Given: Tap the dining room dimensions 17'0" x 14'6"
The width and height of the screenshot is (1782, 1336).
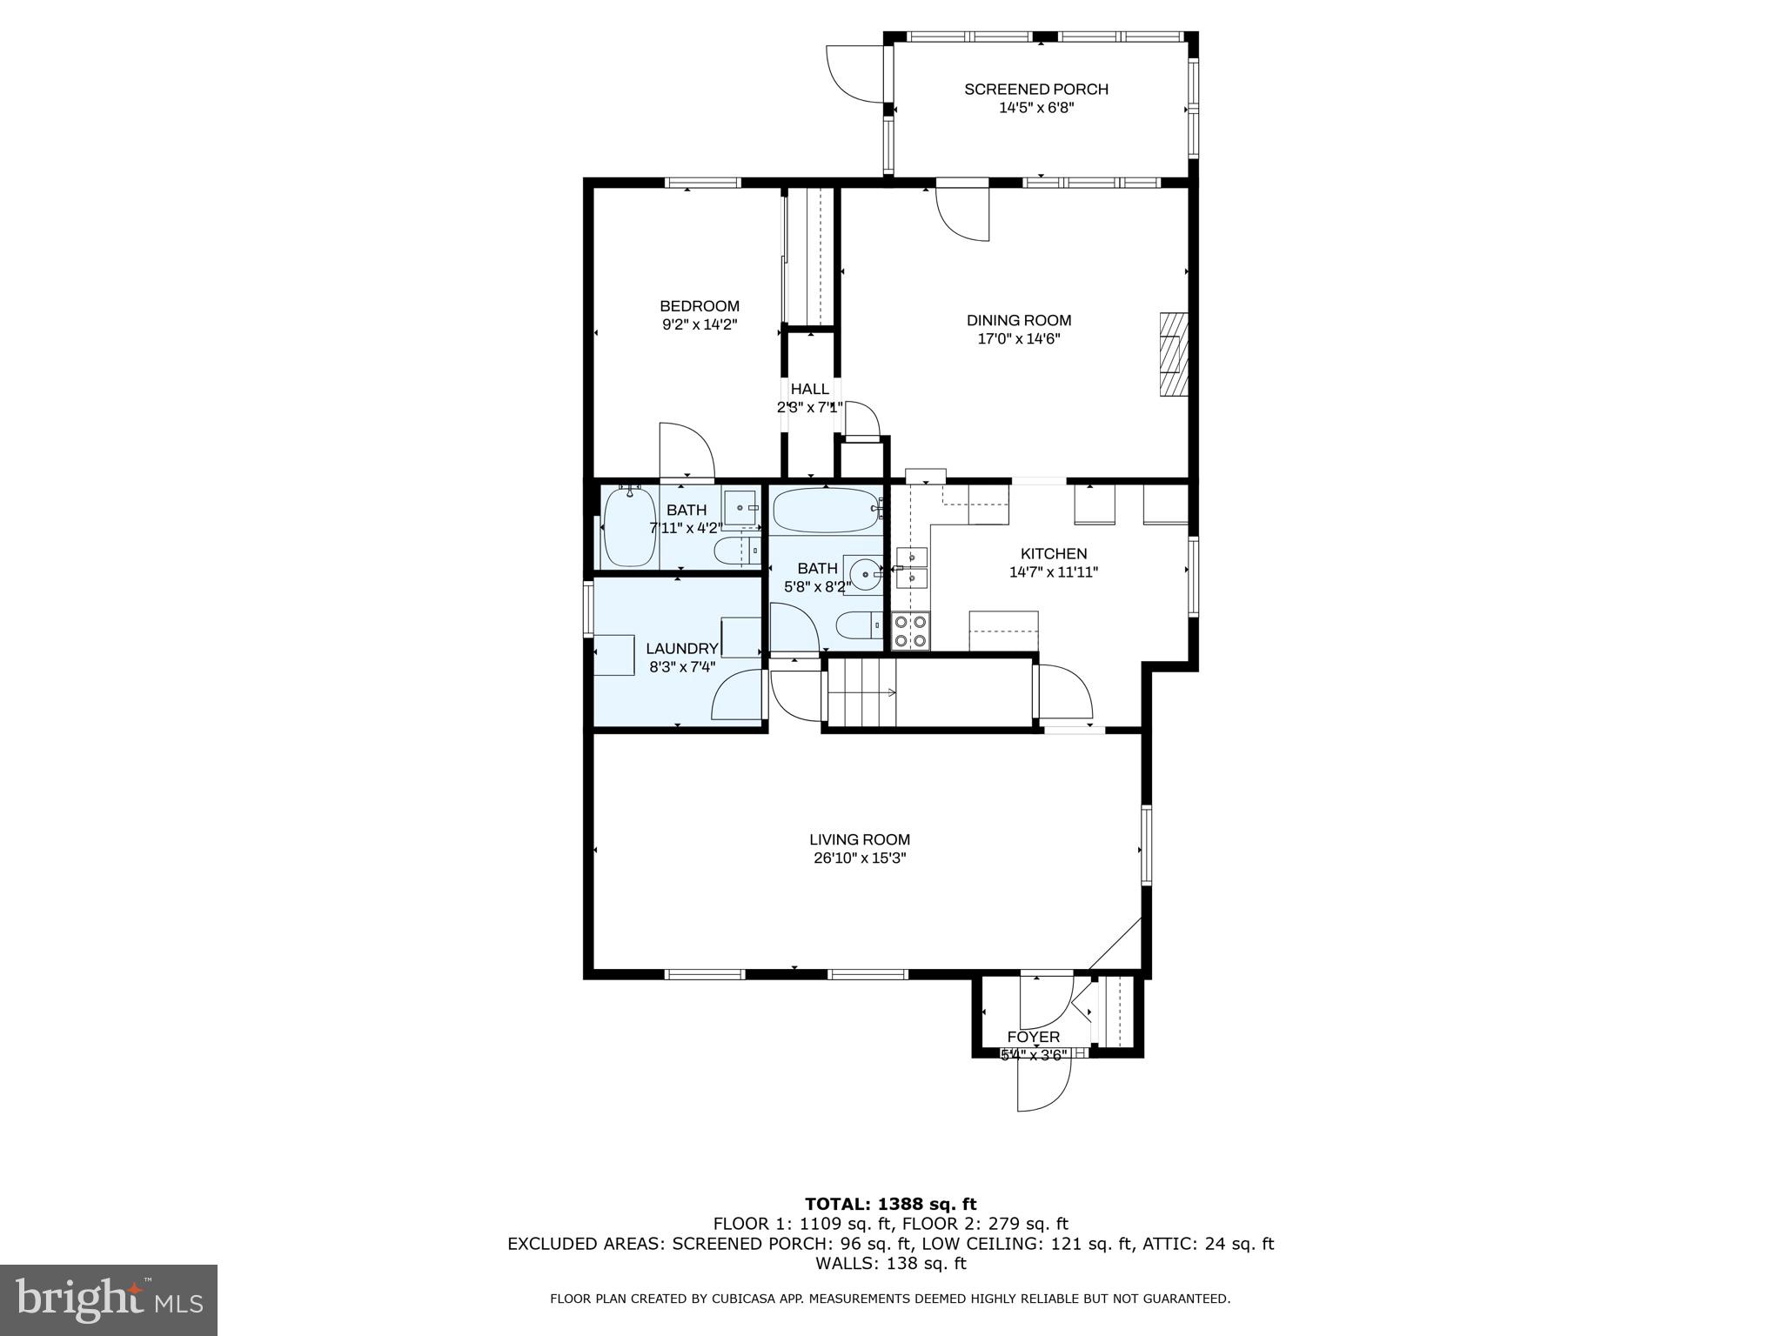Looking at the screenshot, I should (x=1018, y=339).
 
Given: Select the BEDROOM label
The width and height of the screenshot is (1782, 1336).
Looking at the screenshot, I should (x=699, y=306).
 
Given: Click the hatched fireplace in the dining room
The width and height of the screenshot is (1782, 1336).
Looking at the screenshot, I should (x=1173, y=354).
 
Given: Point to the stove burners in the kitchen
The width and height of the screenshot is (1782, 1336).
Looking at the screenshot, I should (x=910, y=631).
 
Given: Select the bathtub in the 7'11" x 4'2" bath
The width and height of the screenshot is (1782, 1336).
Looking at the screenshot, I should (x=628, y=527).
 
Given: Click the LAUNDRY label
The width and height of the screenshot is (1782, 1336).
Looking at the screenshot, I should (x=681, y=648).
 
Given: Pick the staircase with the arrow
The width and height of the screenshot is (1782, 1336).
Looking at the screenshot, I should (x=861, y=692).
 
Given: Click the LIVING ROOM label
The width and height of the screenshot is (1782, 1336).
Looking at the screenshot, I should (x=860, y=839).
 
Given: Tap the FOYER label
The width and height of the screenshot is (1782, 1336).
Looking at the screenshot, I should (x=1033, y=1037).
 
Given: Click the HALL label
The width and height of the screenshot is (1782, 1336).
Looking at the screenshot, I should (x=809, y=389).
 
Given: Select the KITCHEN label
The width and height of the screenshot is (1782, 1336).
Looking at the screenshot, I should (x=1053, y=553).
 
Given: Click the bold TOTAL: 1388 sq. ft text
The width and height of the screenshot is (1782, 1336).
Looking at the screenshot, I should (x=890, y=1205).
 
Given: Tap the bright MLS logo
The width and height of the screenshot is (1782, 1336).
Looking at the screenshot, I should (x=109, y=1299).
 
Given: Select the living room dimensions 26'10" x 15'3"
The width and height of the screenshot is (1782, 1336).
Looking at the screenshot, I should (x=860, y=858).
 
